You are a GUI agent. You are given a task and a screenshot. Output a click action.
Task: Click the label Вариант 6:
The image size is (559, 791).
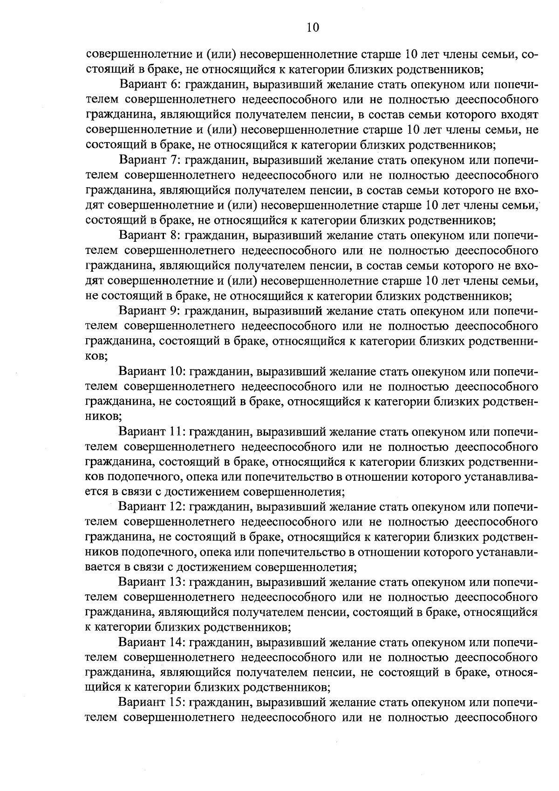(149, 85)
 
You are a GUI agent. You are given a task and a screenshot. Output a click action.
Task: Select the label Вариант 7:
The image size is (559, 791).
(149, 160)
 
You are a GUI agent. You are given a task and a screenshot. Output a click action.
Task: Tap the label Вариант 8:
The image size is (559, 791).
(149, 236)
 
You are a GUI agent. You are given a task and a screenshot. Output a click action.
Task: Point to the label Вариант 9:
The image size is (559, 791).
(149, 311)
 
